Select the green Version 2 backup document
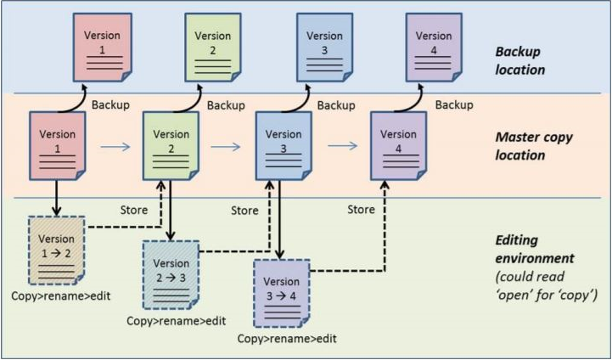point(213,48)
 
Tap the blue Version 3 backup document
point(323,48)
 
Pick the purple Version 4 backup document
point(435,48)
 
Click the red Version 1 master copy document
point(58,145)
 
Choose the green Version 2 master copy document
point(171,145)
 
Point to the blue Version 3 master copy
point(284,145)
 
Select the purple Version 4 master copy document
point(397,145)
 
